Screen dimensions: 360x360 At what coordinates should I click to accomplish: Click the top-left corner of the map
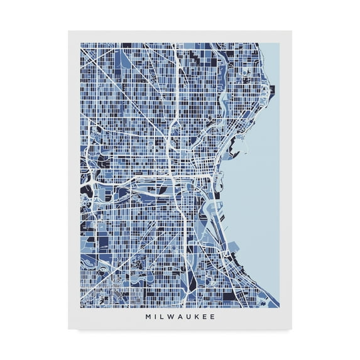tap(80, 43)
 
